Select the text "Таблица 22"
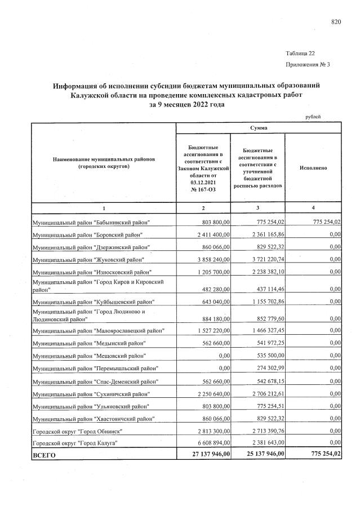[x=301, y=54]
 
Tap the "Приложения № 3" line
[x=308, y=65]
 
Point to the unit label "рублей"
[x=313, y=117]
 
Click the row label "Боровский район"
[x=87, y=234]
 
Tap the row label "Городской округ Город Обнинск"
[x=78, y=431]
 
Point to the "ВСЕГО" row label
[x=45, y=455]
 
